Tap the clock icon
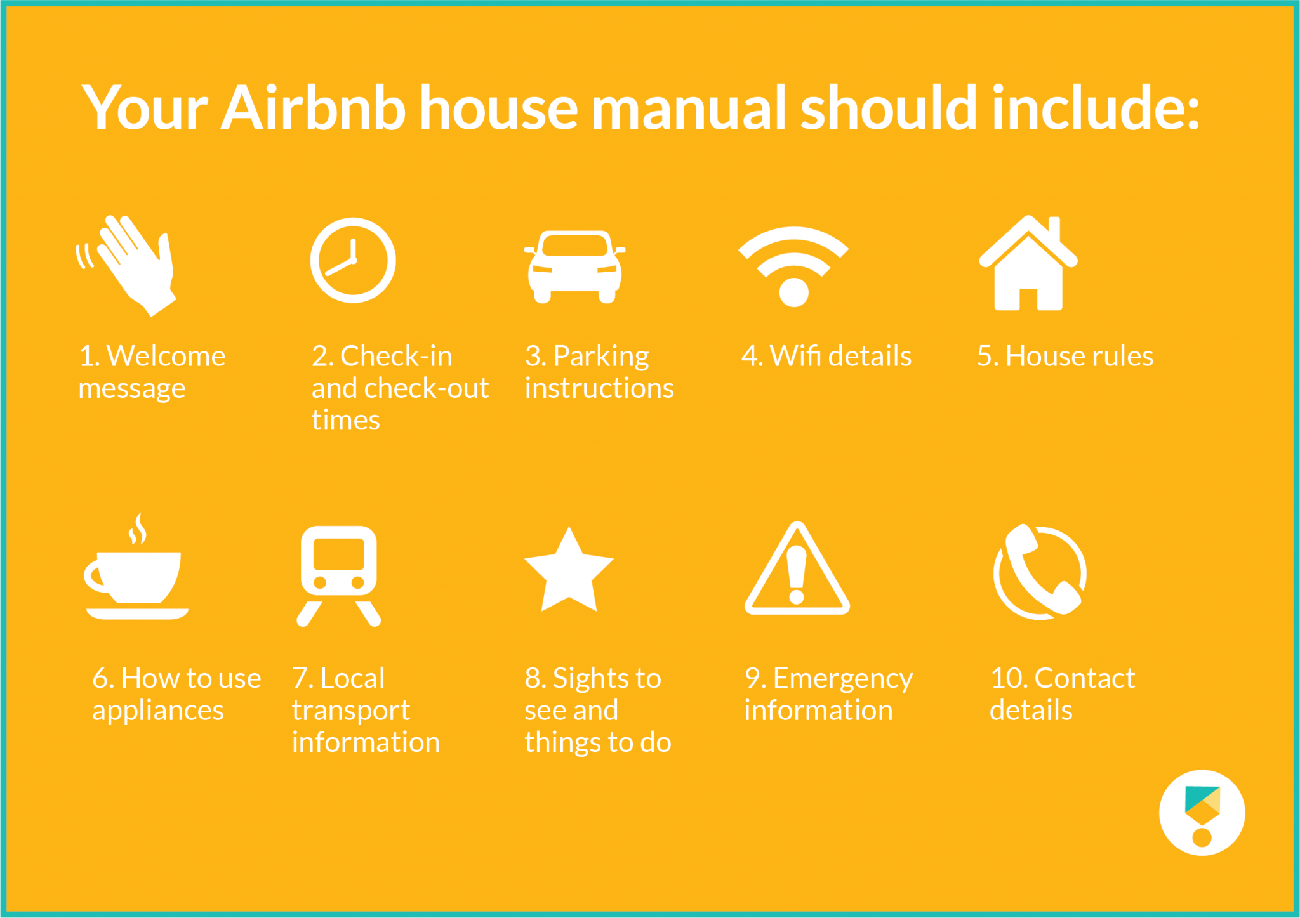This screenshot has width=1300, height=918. pyautogui.click(x=353, y=261)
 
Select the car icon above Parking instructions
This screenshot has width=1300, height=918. pyautogui.click(x=574, y=266)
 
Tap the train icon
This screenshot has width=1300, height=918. pyautogui.click(x=339, y=574)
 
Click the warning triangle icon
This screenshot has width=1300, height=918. pyautogui.click(x=797, y=571)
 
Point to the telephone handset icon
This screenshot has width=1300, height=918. pyautogui.click(x=1040, y=571)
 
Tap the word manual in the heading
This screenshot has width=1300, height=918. pyautogui.click(x=689, y=108)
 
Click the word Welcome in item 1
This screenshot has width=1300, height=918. pyautogui.click(x=166, y=356)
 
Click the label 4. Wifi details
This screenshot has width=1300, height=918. pyautogui.click(x=826, y=356)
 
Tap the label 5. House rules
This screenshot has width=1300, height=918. pyautogui.click(x=1065, y=356)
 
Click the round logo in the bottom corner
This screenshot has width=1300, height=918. pyautogui.click(x=1202, y=813)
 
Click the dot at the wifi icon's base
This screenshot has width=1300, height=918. pyautogui.click(x=793, y=292)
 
